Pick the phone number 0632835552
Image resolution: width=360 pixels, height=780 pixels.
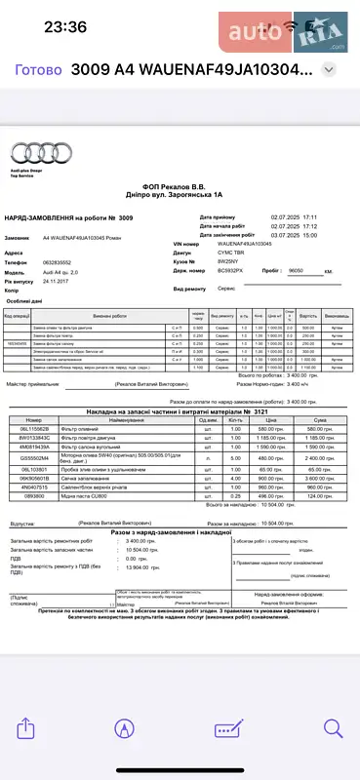[x=59, y=262]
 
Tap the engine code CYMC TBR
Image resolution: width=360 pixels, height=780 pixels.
[x=232, y=252]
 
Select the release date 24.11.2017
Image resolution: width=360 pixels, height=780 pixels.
[x=58, y=281]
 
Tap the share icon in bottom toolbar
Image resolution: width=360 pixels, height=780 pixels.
[x=29, y=727]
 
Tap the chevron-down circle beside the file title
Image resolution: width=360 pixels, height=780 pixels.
[x=330, y=71]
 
